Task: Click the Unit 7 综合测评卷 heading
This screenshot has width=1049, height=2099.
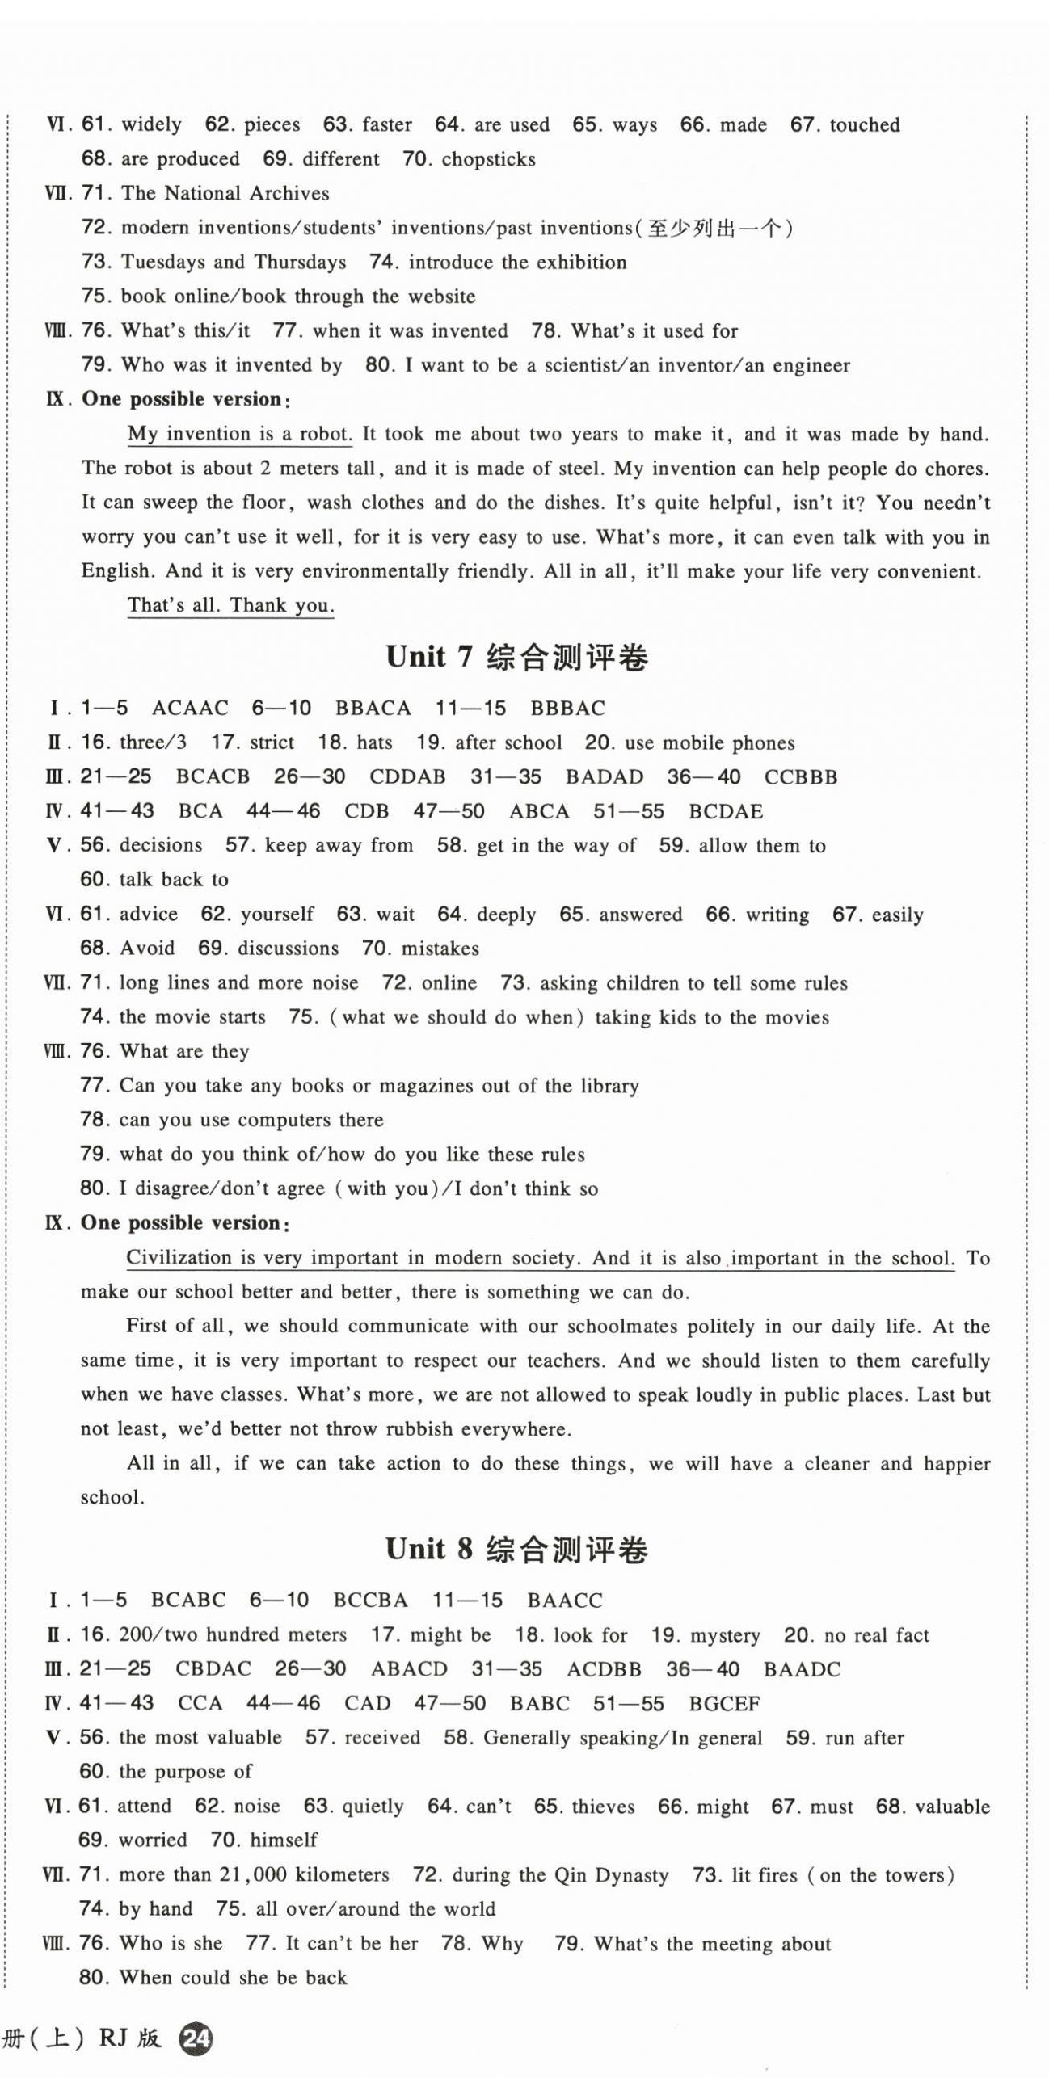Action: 516,657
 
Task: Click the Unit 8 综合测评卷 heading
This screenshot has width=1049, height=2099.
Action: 516,1549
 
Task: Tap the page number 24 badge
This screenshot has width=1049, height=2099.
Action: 196,2038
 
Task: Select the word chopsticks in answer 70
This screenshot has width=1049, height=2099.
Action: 488,159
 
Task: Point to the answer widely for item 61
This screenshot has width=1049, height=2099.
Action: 151,124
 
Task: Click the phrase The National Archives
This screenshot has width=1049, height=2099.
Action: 225,193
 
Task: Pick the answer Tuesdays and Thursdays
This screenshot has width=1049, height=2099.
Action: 233,262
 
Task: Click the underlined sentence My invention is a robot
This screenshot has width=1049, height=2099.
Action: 240,434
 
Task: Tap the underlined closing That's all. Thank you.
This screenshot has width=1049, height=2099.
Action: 230,604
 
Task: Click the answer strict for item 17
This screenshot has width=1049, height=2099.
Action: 272,742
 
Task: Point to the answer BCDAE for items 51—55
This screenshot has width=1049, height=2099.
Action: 726,812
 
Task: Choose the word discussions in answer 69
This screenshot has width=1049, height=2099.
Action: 288,949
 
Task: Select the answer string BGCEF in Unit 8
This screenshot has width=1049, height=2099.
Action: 724,1703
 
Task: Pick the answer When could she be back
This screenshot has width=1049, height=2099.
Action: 233,1978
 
